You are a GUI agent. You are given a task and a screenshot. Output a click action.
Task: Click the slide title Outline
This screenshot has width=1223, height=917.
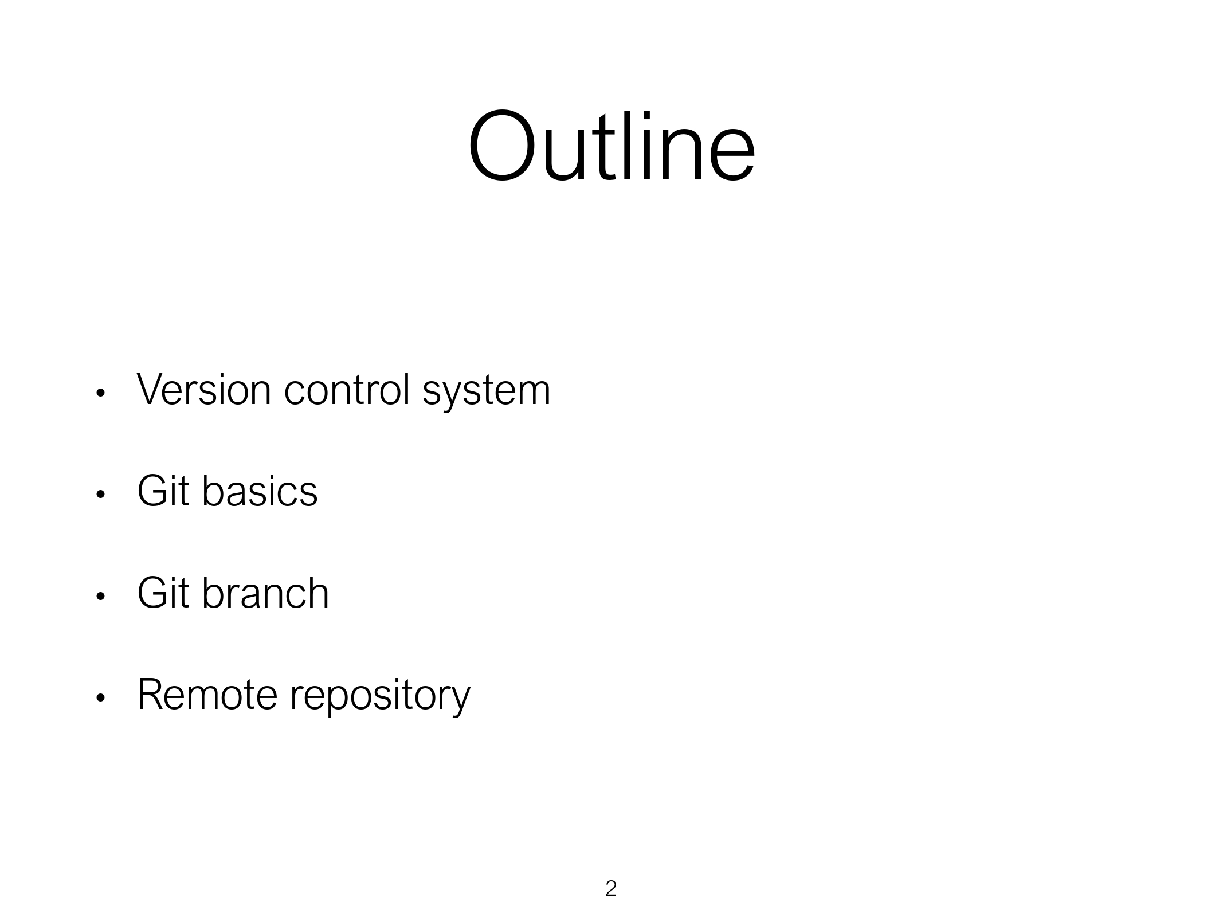click(611, 146)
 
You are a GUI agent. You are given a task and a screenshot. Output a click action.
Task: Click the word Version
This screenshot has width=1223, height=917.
click(204, 390)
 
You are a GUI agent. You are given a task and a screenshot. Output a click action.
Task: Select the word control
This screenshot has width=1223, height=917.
click(347, 390)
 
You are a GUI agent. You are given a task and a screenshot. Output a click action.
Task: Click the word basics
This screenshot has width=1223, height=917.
click(260, 491)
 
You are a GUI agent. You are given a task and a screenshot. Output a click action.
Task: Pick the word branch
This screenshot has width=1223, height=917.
click(266, 593)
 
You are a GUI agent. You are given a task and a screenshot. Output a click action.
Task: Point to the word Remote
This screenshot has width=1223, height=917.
click(207, 695)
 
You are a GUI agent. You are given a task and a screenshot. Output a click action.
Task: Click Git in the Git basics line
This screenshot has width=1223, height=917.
click(163, 491)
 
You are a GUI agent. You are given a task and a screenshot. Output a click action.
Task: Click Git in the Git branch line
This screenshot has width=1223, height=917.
click(163, 593)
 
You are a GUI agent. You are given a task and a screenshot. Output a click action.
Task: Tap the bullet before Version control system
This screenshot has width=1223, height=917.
click(100, 393)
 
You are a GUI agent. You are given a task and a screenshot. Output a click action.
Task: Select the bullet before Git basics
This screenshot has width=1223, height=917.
click(100, 495)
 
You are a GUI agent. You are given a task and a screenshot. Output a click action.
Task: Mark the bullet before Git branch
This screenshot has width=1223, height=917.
click(100, 597)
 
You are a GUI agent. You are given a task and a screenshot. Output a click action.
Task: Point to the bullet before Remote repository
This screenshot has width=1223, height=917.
click(100, 698)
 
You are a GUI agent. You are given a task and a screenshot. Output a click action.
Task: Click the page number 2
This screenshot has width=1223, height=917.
click(611, 888)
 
